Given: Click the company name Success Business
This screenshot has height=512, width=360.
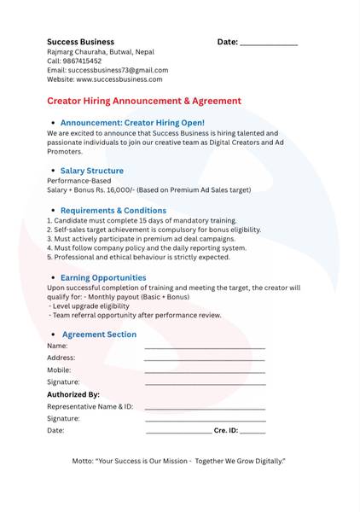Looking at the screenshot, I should coord(80,42).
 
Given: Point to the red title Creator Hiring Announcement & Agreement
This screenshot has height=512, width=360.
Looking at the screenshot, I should coord(144,101).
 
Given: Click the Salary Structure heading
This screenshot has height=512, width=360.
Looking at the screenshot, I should coord(91,171).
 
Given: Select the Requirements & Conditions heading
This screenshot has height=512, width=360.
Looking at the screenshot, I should coord(113,210).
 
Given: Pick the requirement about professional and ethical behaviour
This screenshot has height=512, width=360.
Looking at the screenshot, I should coord(138,257).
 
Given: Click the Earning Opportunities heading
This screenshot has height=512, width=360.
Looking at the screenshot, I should coord(103,277).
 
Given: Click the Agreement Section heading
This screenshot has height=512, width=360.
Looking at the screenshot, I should coord(99,335).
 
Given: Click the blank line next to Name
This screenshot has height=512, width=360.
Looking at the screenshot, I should coord(205,348).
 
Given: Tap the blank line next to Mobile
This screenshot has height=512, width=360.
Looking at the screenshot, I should coord(205,372).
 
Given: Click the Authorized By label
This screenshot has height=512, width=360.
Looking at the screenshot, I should coord(73,395).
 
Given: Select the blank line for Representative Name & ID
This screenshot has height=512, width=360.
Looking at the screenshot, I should coord(205,409).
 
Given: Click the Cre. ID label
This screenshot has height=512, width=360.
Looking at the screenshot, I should coord(225,431).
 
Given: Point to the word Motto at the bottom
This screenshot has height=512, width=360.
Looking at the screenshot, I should coord(84,461).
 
